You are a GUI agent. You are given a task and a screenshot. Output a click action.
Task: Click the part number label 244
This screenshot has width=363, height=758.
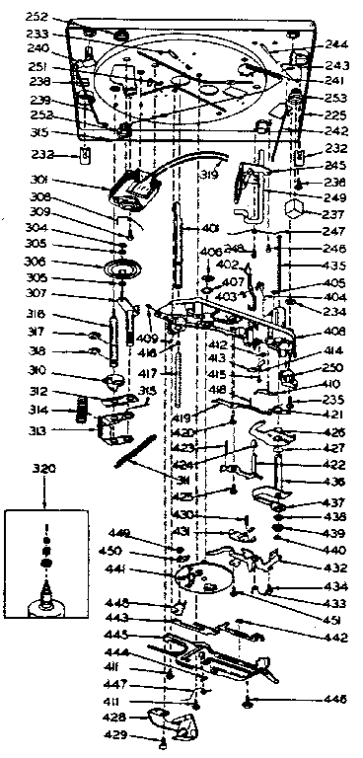click(336, 44)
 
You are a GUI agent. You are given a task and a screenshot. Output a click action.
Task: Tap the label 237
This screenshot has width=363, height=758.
click(332, 214)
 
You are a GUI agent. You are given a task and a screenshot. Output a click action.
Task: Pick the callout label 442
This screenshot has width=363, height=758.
click(335, 638)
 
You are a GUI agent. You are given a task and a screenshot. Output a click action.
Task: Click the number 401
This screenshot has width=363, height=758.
click(209, 228)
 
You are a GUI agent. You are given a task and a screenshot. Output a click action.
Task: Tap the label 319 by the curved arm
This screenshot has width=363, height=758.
click(209, 179)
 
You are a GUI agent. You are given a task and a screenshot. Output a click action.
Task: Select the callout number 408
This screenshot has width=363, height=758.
click(333, 331)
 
